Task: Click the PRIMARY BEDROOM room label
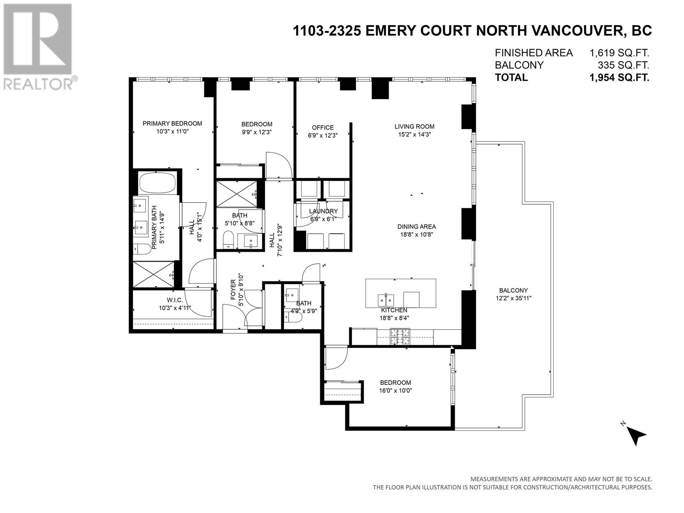tap(172, 124)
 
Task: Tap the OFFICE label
tap(322, 127)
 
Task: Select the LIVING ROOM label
tap(414, 127)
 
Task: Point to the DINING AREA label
tap(416, 227)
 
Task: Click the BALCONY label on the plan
tap(513, 290)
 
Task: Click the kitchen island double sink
tap(386, 300)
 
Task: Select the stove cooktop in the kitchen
tap(400, 337)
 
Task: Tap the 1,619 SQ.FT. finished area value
tap(619, 53)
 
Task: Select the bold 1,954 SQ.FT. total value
tap(619, 77)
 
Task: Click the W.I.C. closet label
tap(174, 300)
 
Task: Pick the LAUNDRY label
tap(324, 211)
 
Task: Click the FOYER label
tap(233, 289)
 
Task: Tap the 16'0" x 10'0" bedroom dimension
tap(395, 391)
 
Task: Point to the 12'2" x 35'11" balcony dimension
tap(513, 298)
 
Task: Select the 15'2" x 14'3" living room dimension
tap(414, 135)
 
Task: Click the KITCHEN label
tap(394, 310)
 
